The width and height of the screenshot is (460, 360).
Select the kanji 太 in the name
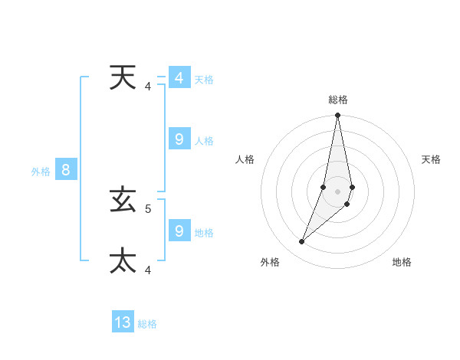point(123,260)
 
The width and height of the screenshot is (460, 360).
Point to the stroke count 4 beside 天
point(148,86)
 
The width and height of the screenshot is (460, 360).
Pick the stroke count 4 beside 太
point(148,270)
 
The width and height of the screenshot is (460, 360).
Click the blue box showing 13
point(123,322)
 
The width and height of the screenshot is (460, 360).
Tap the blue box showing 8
point(66,170)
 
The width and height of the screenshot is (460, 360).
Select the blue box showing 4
point(179,78)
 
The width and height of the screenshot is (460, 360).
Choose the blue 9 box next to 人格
point(179,139)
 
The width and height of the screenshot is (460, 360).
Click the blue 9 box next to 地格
point(179,231)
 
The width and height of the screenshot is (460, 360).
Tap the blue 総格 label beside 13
point(147,324)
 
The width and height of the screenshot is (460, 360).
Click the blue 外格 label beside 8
point(41,172)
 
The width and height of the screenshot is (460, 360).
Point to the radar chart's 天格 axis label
point(431,159)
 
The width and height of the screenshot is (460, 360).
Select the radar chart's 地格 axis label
point(402,262)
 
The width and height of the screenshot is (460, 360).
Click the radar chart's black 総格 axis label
point(338,100)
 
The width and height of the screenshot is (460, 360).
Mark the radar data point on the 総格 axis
point(338,116)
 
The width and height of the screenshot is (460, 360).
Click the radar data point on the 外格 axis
point(302,242)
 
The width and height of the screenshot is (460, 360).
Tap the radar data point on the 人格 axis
point(324,187)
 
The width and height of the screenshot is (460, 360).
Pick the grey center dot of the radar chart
point(338,191)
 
